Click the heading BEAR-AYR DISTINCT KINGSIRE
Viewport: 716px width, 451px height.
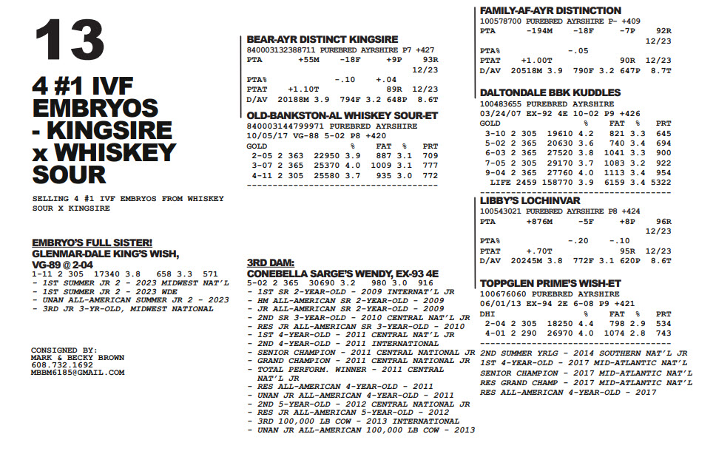pos(322,39)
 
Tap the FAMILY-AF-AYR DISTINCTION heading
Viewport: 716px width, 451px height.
pos(550,11)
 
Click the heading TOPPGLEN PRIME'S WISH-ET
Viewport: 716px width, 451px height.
pos(550,283)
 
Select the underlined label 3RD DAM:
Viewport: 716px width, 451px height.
pos(271,262)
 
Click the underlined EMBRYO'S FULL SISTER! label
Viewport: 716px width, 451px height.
pos(92,243)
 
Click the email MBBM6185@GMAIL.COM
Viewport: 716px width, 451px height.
pos(78,373)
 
